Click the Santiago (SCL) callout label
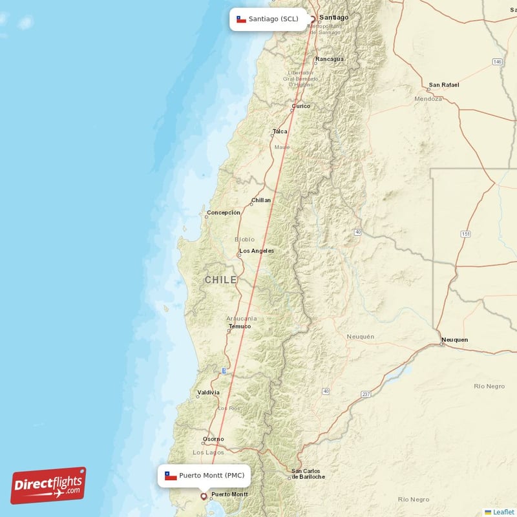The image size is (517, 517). coord(268,19)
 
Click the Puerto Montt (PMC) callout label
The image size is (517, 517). coord(204,476)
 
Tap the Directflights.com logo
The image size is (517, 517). coord(48,485)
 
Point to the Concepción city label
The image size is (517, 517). coord(223,213)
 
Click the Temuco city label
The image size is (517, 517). coord(239,326)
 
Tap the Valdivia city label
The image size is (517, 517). coord(208,392)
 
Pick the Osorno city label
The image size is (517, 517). coord(213,439)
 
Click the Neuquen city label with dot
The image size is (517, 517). coord(454,340)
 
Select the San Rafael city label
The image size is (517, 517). coord(444,85)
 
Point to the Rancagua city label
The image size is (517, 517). coord(329,59)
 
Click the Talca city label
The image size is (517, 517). coord(280,132)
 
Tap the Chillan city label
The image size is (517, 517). coord(261,200)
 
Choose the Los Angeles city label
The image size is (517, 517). coord(256,251)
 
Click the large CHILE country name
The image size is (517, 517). coord(220,280)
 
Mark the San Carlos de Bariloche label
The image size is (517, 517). coord(308,474)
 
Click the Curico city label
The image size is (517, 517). coord(301,106)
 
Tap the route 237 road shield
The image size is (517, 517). coord(366,394)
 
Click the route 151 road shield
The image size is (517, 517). coord(465,233)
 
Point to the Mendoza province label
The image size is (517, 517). coord(428,99)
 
